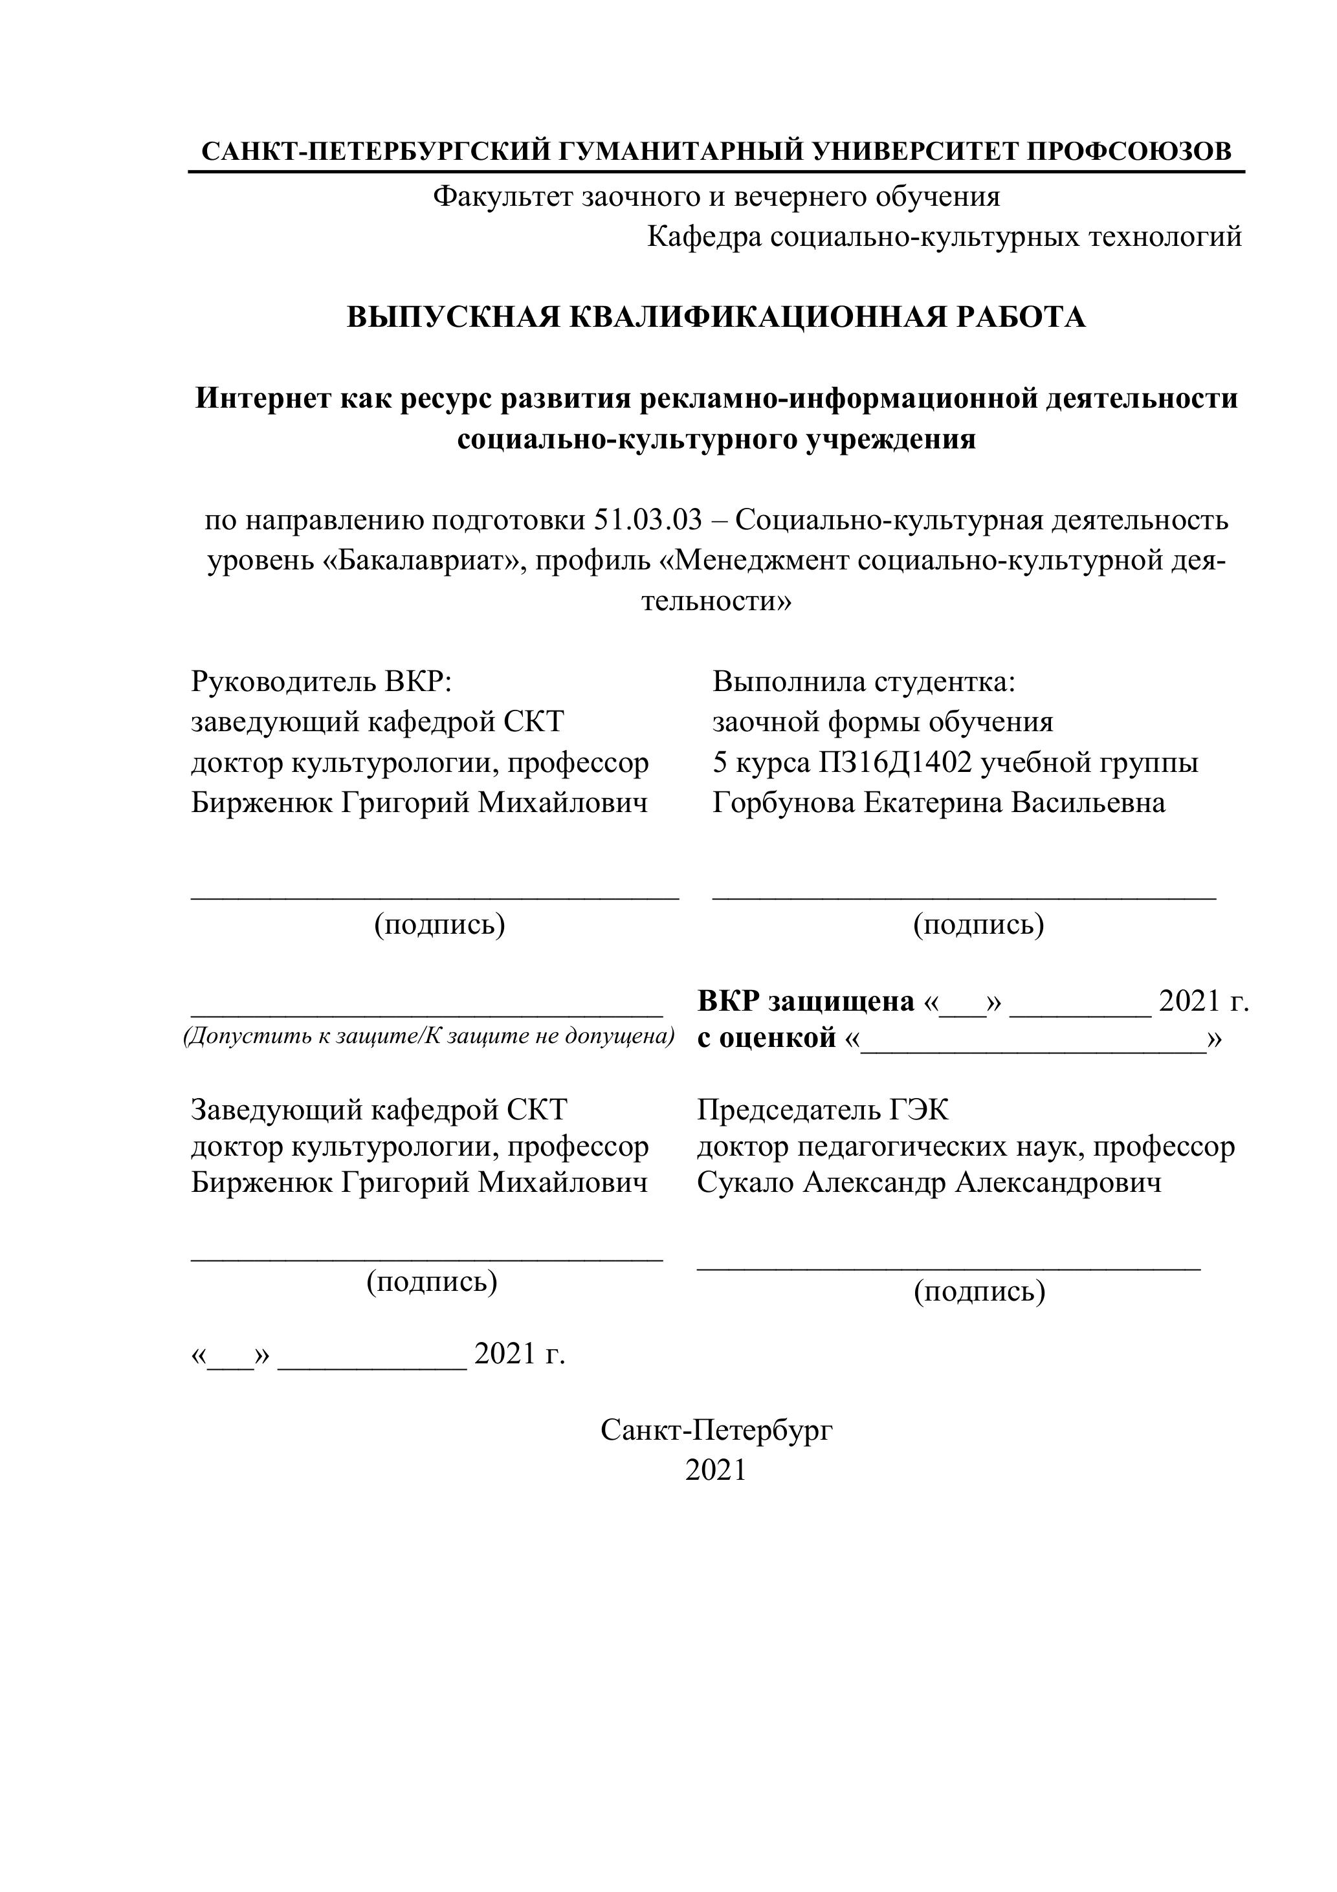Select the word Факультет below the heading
click(503, 197)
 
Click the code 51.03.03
click(648, 521)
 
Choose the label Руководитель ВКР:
click(322, 682)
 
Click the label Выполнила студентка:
click(864, 682)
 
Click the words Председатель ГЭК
click(823, 1110)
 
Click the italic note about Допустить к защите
click(428, 1036)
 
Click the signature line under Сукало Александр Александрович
click(948, 1270)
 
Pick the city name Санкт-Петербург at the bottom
click(716, 1431)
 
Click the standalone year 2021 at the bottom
click(716, 1471)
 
